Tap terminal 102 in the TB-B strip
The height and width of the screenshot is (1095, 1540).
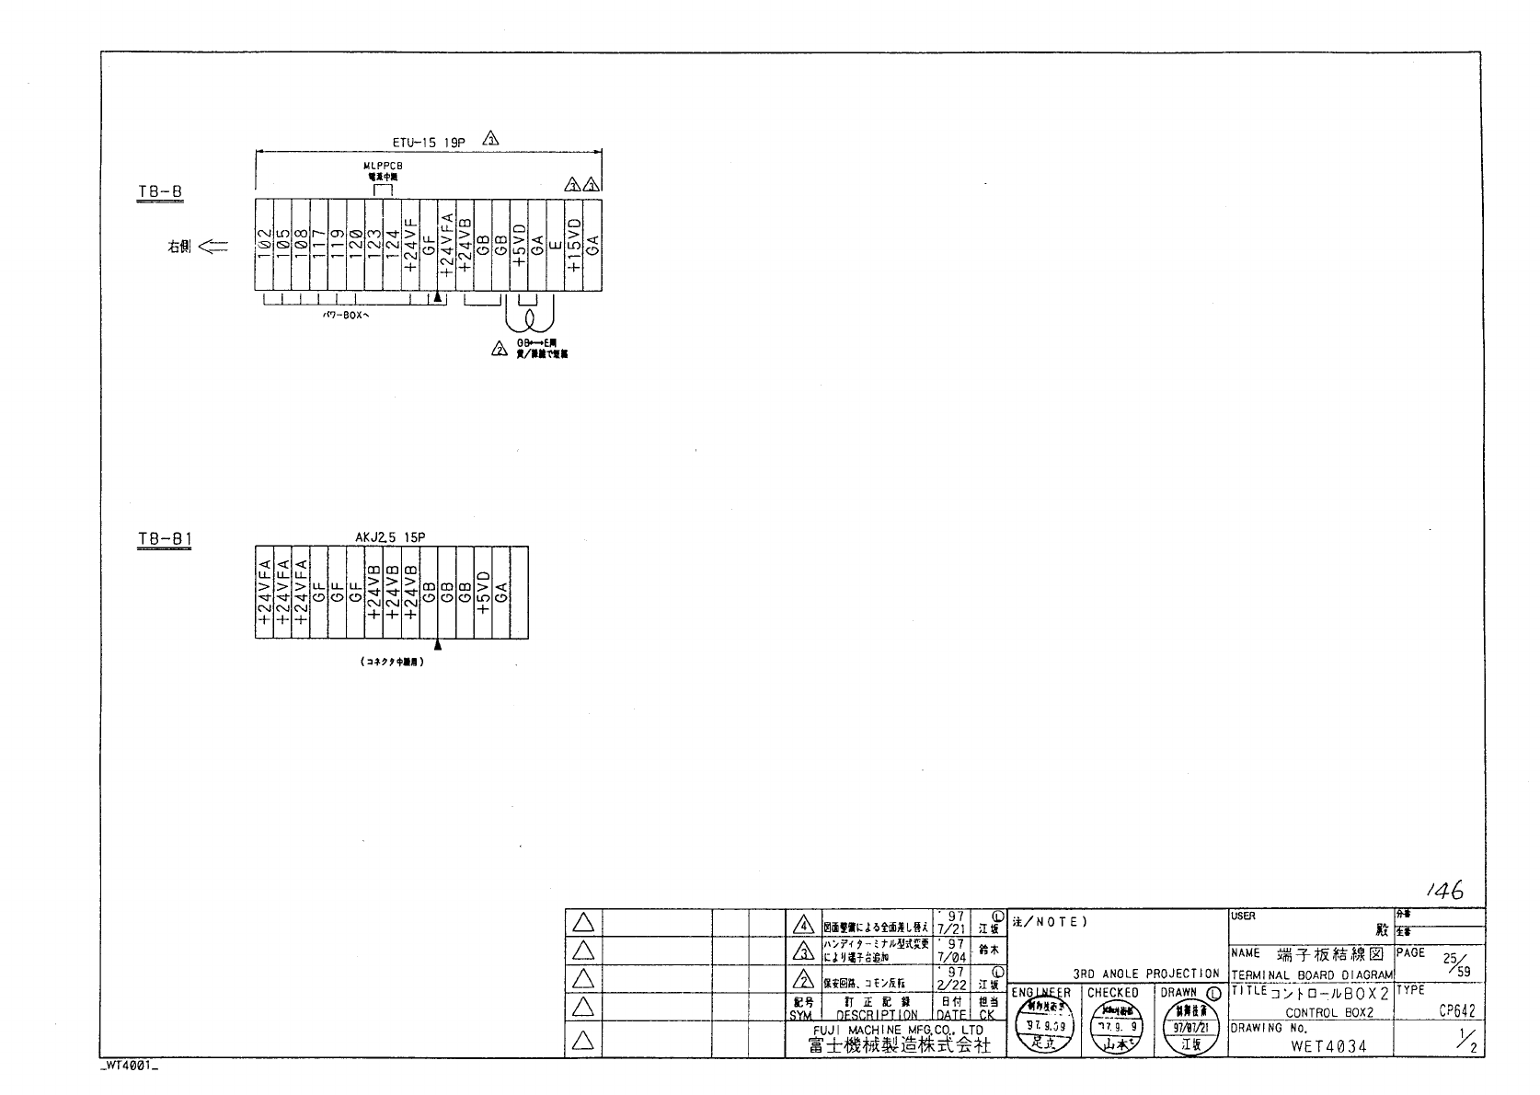263,246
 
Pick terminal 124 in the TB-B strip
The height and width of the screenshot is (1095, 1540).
392,246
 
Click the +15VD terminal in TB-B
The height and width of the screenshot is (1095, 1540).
574,246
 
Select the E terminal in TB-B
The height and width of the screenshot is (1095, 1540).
556,246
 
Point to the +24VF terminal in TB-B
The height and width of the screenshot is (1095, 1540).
410,246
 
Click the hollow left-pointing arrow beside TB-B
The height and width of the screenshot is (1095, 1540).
213,247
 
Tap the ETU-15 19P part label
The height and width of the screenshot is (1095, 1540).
429,143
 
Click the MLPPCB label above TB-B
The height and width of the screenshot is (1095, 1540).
383,166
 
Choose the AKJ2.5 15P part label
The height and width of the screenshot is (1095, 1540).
390,536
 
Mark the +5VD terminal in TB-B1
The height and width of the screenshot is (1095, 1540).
483,593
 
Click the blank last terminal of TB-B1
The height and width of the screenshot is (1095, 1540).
520,593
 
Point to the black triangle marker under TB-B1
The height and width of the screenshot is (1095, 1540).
438,645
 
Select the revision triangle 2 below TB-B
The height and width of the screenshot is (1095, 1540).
500,350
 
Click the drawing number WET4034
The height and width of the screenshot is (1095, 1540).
1328,1046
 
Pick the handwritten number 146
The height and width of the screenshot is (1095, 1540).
1444,890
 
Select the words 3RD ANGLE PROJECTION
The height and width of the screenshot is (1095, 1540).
1146,974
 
